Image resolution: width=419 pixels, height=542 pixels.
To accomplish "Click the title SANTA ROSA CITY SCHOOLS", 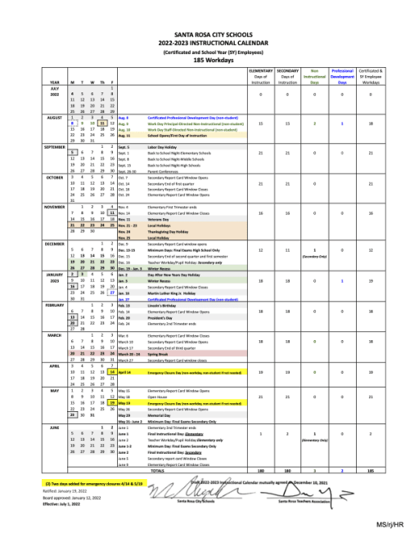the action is pyautogui.click(x=209, y=34).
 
